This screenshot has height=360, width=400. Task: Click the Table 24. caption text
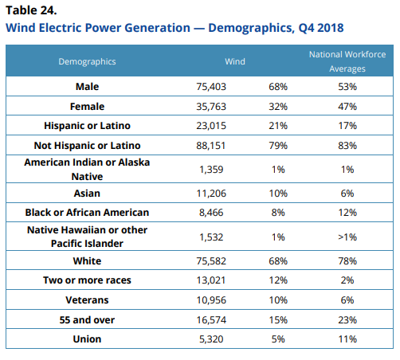pos(31,10)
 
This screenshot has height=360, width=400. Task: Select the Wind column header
pos(235,61)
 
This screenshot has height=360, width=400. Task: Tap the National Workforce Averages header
pos(347,61)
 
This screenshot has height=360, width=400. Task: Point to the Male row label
pos(87,87)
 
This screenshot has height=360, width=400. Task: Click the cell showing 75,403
pos(211,87)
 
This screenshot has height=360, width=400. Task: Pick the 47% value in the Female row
pos(347,107)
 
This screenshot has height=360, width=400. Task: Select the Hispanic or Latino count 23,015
pos(211,126)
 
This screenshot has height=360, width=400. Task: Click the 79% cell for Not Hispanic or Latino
pos(278,146)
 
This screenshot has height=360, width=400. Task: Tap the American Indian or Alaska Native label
pos(87,169)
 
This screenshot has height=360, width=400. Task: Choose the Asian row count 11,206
pos(211,194)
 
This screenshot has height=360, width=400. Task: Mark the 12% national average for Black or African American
pos(347,213)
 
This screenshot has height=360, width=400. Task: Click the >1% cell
pos(347,237)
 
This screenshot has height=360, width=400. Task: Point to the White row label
pos(87,261)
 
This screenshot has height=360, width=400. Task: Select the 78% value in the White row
pos(347,261)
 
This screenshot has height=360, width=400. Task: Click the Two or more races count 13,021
pos(211,280)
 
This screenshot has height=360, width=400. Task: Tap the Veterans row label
pos(87,300)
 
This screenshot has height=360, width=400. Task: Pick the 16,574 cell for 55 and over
pos(211,320)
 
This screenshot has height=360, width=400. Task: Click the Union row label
pos(87,339)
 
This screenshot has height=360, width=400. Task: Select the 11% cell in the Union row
pos(347,339)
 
